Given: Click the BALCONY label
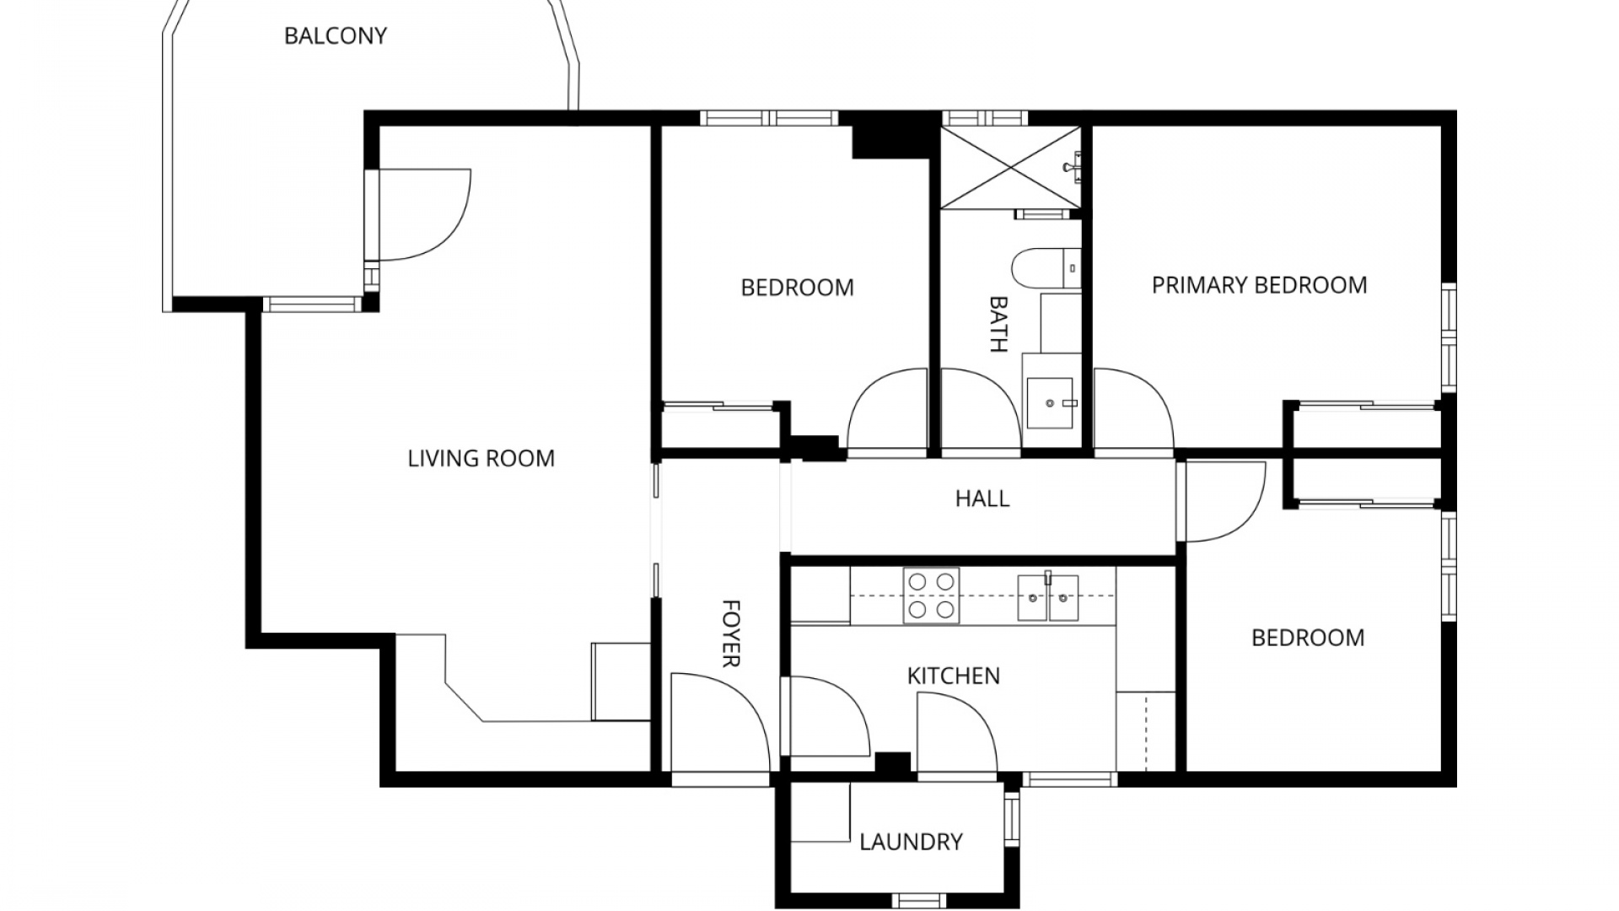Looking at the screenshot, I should click(x=335, y=36).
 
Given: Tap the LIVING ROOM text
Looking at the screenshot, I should click(x=481, y=459).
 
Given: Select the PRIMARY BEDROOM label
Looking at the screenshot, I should click(x=1259, y=285).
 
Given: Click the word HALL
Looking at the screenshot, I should click(x=982, y=499).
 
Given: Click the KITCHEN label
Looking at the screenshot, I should click(x=953, y=676).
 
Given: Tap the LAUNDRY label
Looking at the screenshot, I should click(x=911, y=842).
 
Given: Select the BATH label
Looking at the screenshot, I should click(x=998, y=324).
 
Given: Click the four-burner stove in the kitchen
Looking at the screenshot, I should click(x=931, y=596).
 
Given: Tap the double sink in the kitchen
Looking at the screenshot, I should click(x=1047, y=596).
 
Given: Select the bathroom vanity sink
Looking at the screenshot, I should click(x=1051, y=402).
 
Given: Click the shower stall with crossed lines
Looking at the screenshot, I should click(x=1009, y=166).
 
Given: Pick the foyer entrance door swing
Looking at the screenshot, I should click(x=717, y=721).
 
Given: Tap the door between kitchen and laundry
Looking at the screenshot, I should click(x=955, y=732).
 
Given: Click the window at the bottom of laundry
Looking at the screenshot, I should click(x=919, y=900).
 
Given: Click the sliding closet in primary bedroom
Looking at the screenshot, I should click(x=1366, y=408).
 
